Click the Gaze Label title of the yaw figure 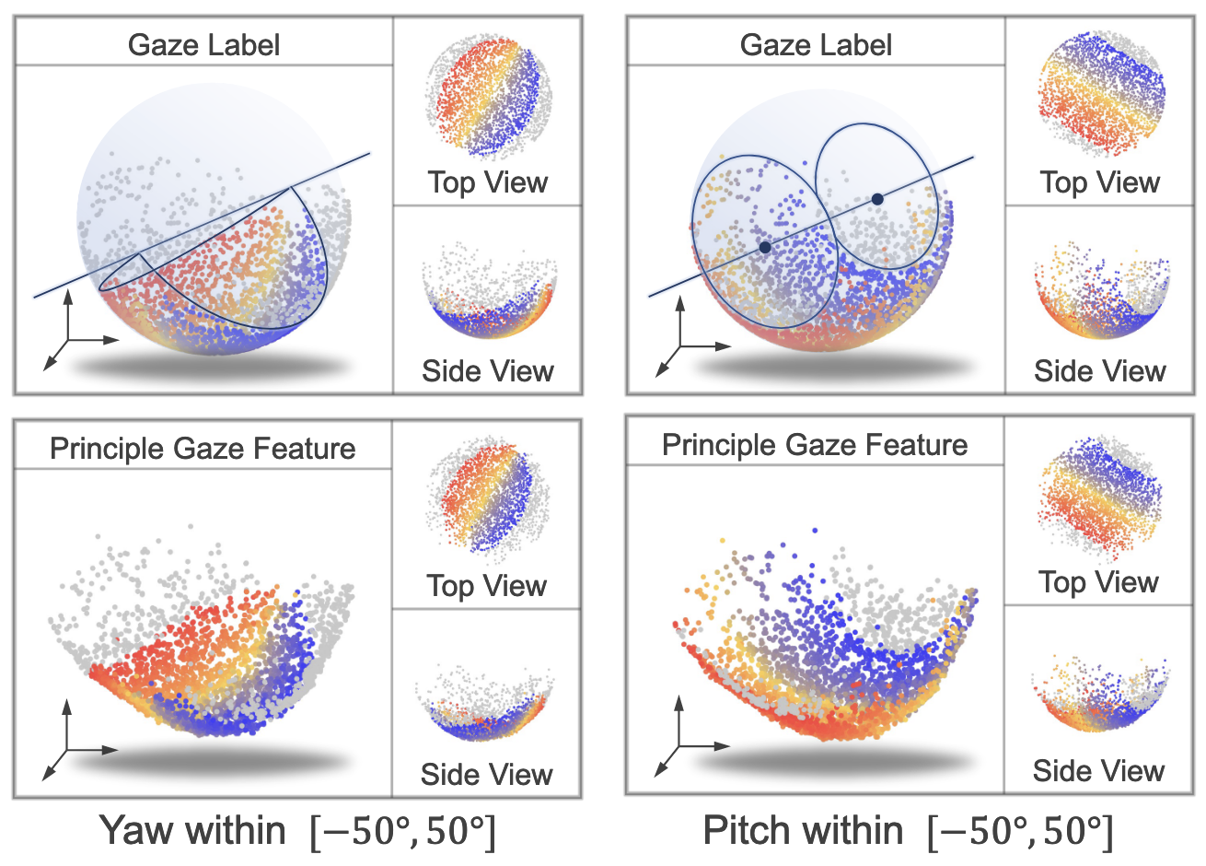pos(203,45)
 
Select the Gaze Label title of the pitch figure pos(816,45)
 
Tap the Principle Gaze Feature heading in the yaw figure pos(203,449)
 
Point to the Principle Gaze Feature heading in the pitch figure pos(815,445)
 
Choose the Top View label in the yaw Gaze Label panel pos(487,182)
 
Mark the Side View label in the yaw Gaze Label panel pos(487,371)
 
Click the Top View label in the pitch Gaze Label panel pos(1099,182)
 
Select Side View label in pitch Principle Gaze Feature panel pos(1098,771)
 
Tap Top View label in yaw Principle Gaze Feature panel pos(486,586)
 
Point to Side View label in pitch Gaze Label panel pos(1099,371)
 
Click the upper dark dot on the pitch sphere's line pos(877,199)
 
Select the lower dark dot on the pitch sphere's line pos(765,247)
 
